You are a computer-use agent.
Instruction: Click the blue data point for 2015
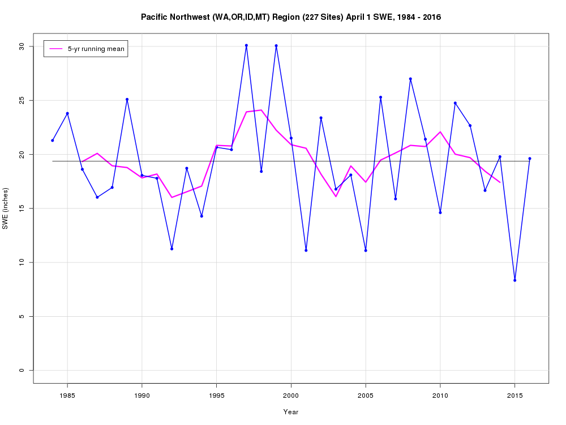tap(514, 280)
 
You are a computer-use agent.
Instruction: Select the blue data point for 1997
tap(246, 45)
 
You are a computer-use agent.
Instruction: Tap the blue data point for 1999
tap(276, 45)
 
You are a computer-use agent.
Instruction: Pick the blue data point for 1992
tap(171, 249)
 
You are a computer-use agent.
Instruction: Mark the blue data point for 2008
tap(410, 79)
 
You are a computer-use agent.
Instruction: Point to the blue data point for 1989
tap(127, 99)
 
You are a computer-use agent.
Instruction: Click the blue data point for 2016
tap(530, 159)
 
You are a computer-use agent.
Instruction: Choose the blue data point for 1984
tap(52, 141)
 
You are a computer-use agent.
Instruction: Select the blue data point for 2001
tap(306, 250)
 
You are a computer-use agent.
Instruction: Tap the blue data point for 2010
tap(440, 212)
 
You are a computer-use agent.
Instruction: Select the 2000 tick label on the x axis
tap(291, 395)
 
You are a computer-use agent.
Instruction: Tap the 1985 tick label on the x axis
tap(67, 395)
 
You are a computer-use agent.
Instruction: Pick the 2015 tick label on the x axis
tap(514, 395)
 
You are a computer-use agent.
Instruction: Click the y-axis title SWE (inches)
tap(6, 209)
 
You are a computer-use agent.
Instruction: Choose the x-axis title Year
tap(291, 412)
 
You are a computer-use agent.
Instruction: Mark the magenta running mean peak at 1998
tap(261, 110)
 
